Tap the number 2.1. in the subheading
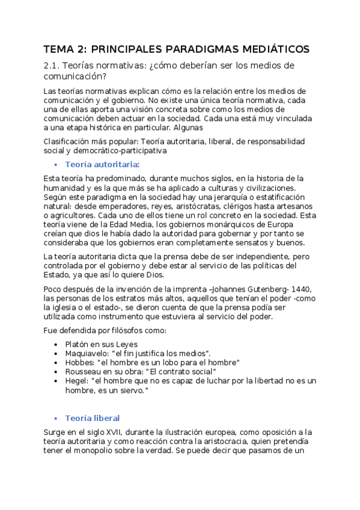pos(53,66)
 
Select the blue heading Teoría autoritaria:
pos(102,164)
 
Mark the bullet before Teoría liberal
pos(55,418)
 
